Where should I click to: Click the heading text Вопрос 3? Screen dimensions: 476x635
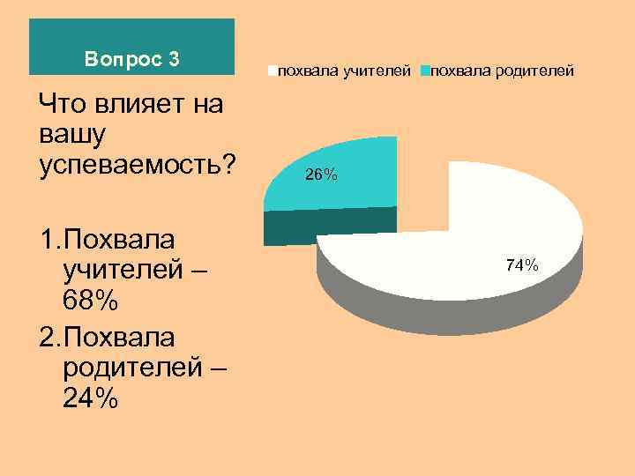click(132, 60)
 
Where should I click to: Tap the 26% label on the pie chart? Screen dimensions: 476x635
click(321, 175)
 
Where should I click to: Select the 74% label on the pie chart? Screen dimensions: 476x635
click(522, 264)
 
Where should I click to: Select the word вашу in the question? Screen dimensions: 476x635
click(73, 135)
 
